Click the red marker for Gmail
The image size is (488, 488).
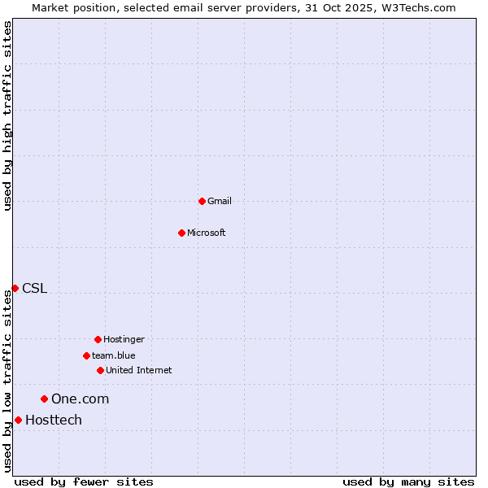pos(202,201)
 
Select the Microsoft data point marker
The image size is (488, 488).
pos(181,233)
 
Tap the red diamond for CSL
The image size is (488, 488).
pos(15,288)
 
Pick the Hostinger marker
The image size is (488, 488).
pos(98,339)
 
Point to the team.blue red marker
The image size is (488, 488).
pos(86,355)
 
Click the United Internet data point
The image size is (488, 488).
pos(100,370)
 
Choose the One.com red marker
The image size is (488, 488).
pos(44,399)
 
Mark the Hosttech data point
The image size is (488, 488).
pos(18,420)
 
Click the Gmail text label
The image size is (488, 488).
pos(220,201)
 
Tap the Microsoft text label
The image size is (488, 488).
pos(207,233)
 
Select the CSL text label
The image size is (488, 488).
pos(34,288)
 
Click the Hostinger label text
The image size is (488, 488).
pos(124,339)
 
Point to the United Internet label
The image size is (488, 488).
pos(139,370)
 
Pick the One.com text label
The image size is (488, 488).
pos(80,399)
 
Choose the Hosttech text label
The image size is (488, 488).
pos(54,420)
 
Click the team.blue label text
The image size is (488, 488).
pos(114,355)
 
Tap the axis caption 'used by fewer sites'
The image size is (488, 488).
pos(84,481)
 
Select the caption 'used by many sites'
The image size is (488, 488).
pos(408,481)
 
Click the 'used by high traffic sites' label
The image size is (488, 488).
pos(7,115)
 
